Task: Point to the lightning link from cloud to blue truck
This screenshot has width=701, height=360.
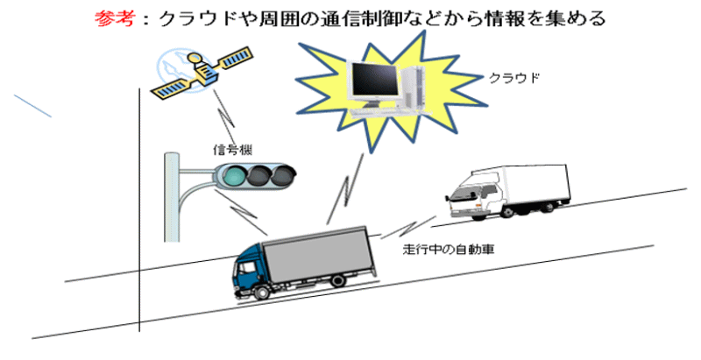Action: pyautogui.click(x=343, y=191)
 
